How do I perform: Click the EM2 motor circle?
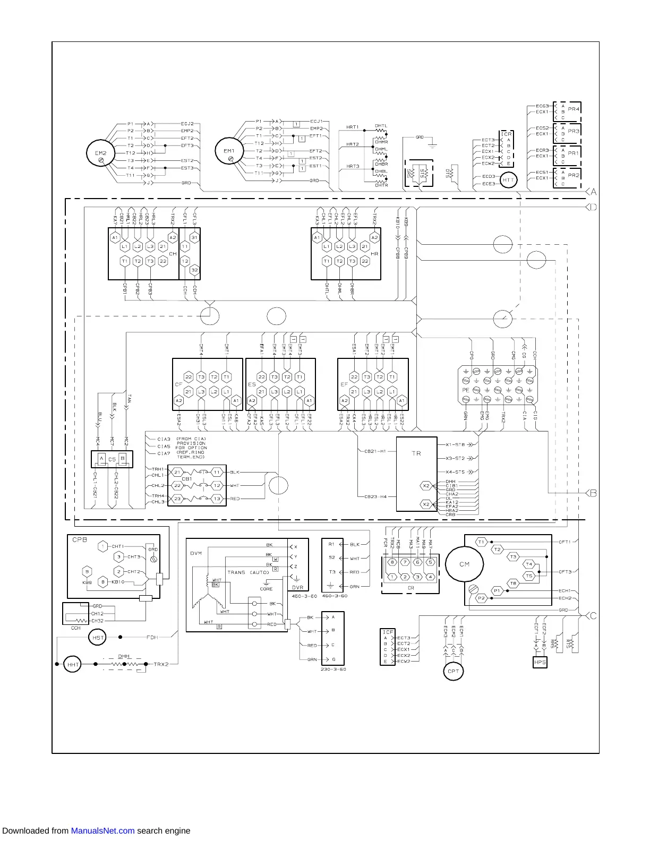[101, 153]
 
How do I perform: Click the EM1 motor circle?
[229, 151]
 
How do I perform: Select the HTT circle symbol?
[508, 180]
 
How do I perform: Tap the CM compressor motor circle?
[465, 564]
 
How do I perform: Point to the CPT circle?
[453, 671]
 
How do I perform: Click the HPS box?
[540, 662]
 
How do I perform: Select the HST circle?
[98, 637]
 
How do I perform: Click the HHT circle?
[73, 664]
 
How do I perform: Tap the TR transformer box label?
[416, 453]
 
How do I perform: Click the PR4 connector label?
[574, 109]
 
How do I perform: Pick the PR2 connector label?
[574, 175]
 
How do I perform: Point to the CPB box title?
[80, 539]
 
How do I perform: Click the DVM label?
[196, 553]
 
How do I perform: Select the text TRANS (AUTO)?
[248, 572]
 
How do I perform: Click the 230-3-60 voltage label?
[333, 670]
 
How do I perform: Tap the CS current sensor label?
[112, 459]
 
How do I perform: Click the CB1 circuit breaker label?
[186, 478]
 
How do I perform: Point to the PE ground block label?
[466, 390]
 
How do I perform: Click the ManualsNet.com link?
[102, 831]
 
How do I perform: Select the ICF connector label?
[388, 632]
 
